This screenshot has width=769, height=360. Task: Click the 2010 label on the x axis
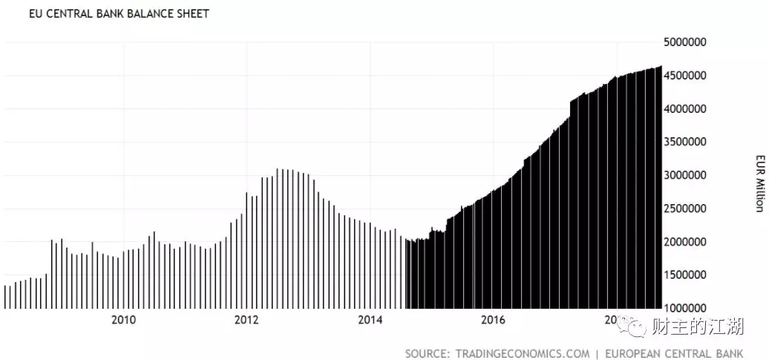(123, 320)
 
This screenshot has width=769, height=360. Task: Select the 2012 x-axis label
(246, 320)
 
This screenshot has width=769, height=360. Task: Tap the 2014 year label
(370, 320)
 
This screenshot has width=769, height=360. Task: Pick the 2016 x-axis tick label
(493, 320)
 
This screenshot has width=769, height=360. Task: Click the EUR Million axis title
(759, 175)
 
